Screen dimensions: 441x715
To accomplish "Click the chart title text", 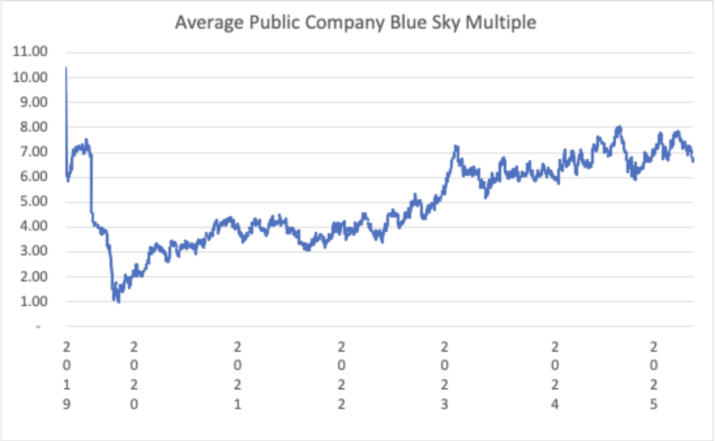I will [x=356, y=23].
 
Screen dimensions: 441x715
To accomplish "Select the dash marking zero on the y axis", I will [x=39, y=327].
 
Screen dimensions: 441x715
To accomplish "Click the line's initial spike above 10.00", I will [x=66, y=69].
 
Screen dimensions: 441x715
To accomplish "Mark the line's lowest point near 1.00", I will [x=119, y=301].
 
